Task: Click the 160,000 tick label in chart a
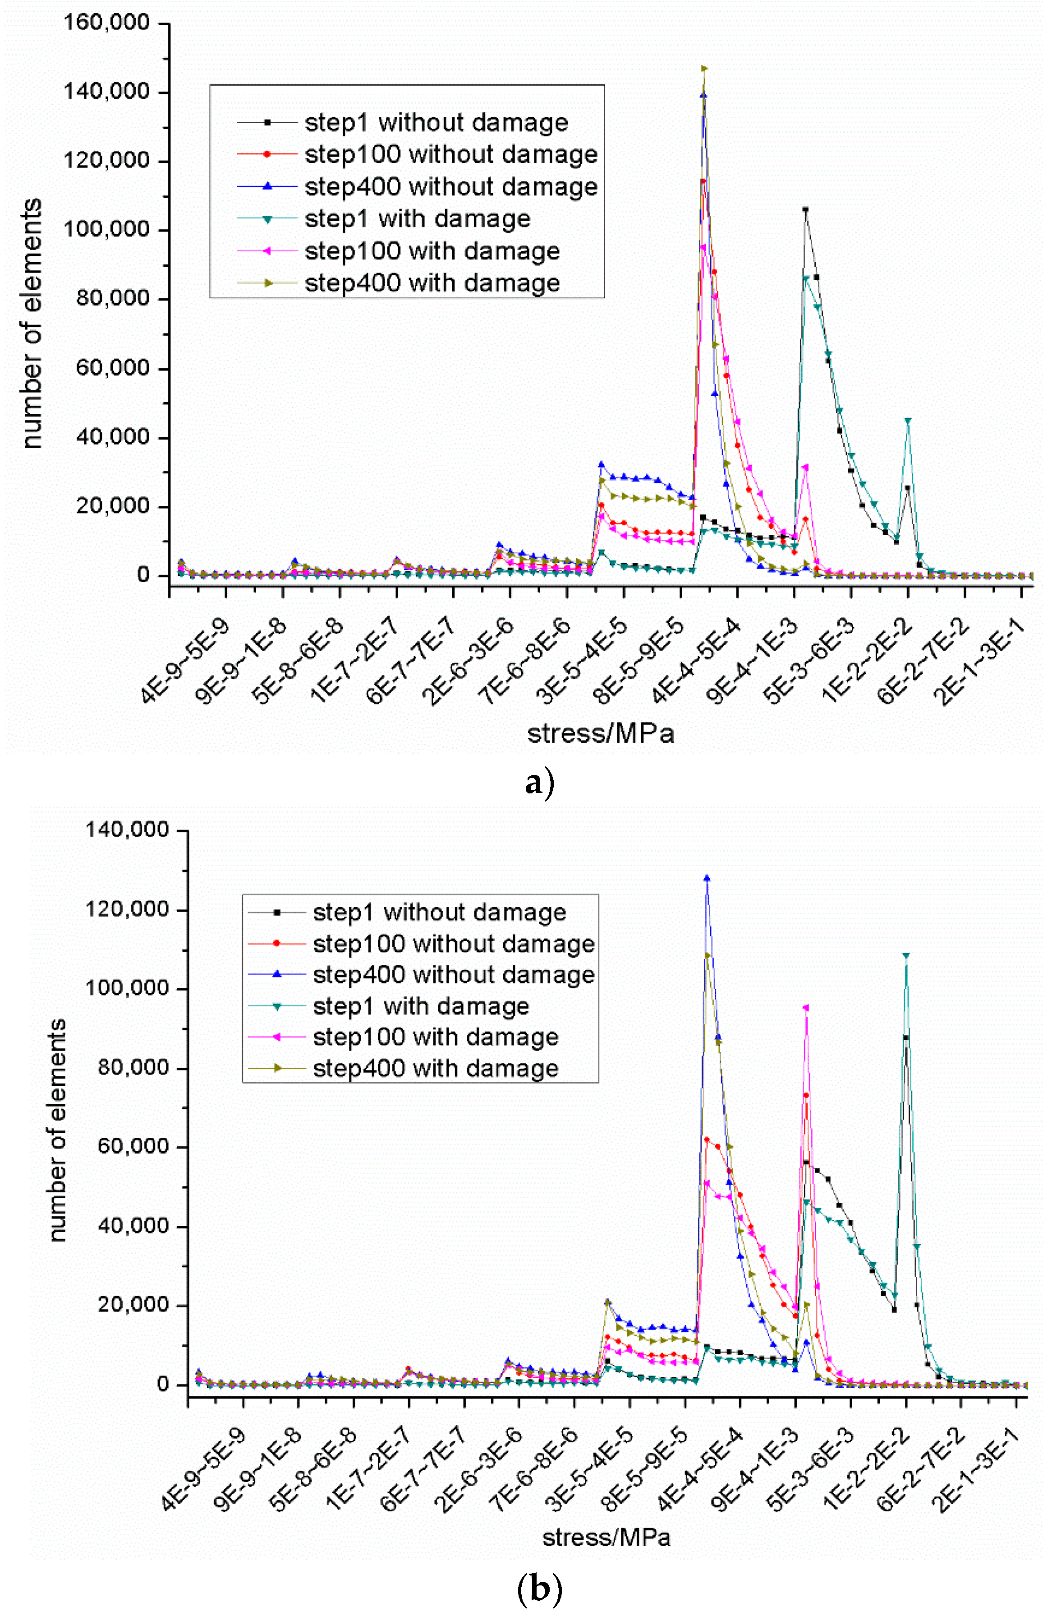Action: (106, 23)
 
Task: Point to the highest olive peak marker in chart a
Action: (704, 69)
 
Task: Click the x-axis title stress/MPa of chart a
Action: (600, 733)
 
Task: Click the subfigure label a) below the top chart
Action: (539, 783)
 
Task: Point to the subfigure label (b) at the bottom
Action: (539, 1588)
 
